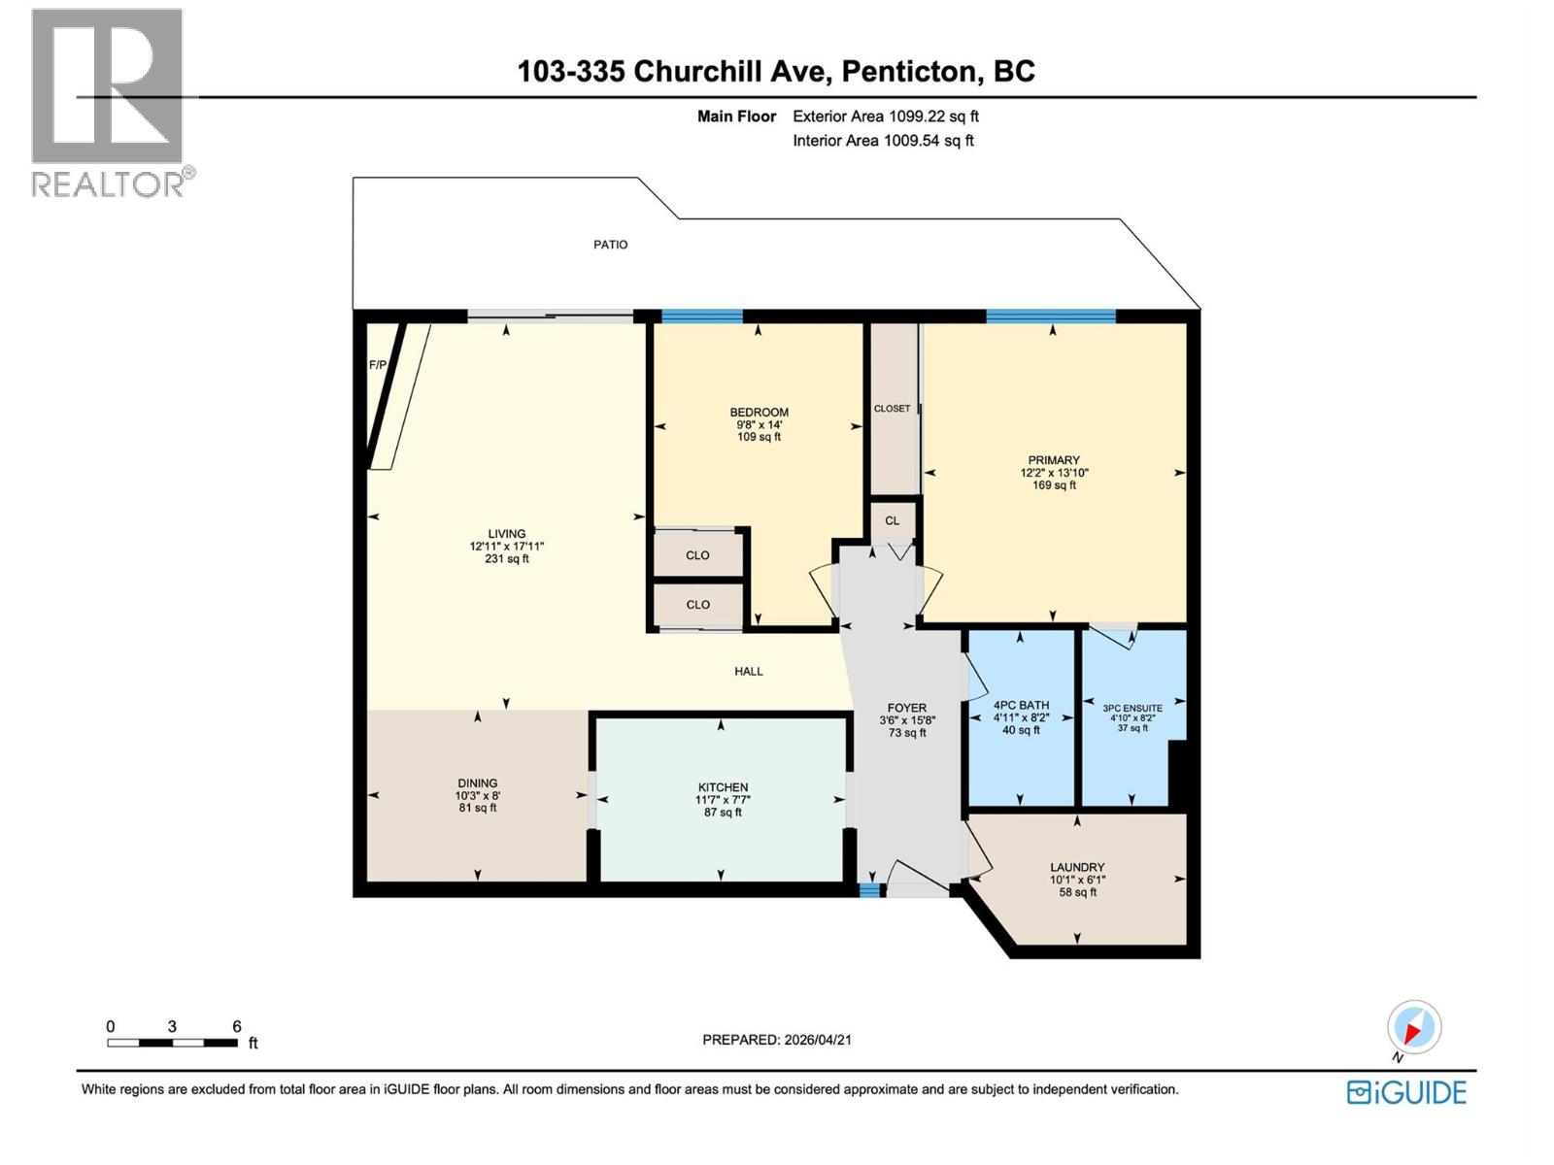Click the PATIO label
(x=610, y=245)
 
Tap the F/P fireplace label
(x=377, y=366)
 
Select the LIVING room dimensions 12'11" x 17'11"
(x=506, y=547)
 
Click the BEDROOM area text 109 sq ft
(x=759, y=437)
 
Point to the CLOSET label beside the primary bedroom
(x=892, y=409)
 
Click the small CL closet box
(x=892, y=521)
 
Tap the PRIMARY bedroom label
(x=1054, y=460)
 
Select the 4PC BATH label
(x=1021, y=706)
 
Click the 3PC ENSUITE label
(x=1132, y=709)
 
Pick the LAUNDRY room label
(x=1077, y=867)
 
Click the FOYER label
(x=906, y=708)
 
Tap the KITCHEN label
(x=723, y=787)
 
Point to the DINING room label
(x=477, y=782)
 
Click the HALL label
(x=748, y=671)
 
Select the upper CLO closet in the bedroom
(x=697, y=555)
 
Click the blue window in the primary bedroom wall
(x=1050, y=316)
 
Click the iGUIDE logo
(x=1406, y=1092)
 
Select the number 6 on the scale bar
(x=236, y=1026)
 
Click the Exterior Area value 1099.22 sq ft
(x=933, y=116)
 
